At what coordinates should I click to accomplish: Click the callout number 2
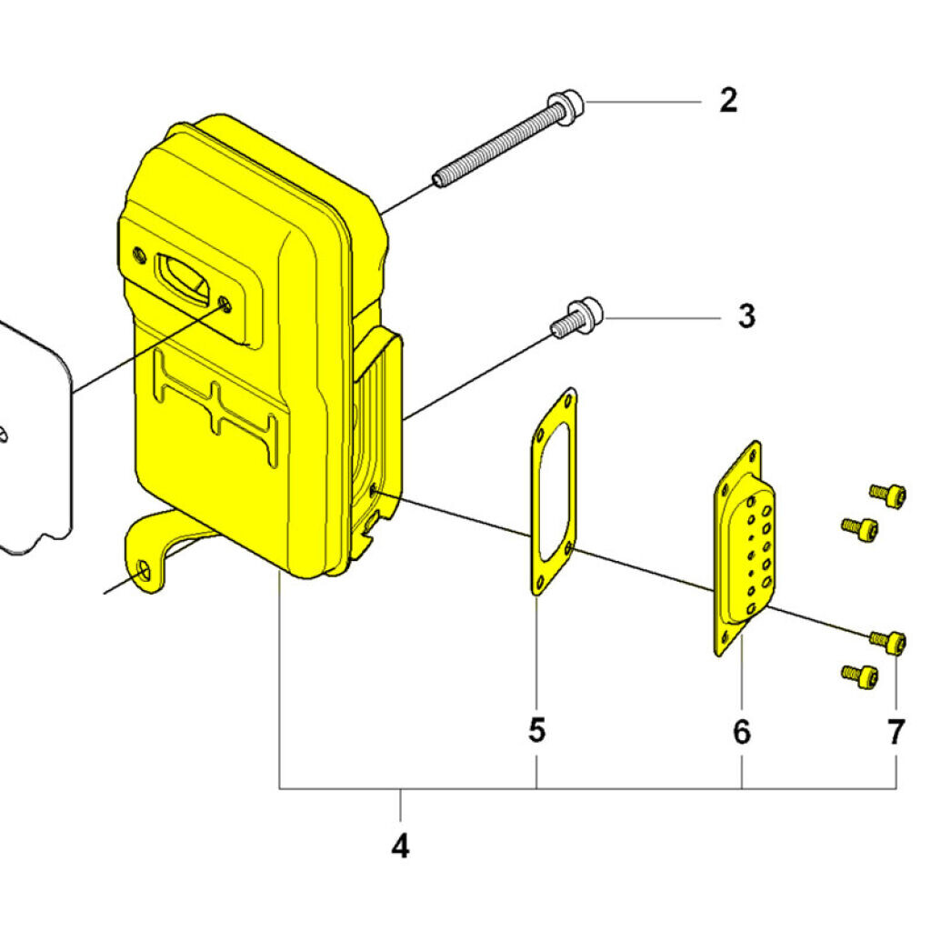(728, 101)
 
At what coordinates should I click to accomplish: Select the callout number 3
(746, 317)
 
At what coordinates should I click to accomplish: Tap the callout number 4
(400, 847)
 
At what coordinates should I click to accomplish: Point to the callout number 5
(537, 729)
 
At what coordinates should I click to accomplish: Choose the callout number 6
(742, 731)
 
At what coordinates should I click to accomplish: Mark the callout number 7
(896, 731)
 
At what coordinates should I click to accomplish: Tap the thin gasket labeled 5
(537, 546)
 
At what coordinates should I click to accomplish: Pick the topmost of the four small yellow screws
(887, 494)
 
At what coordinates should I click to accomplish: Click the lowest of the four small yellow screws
(859, 675)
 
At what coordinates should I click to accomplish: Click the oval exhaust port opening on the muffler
(185, 274)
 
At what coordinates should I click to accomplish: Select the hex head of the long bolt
(567, 108)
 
